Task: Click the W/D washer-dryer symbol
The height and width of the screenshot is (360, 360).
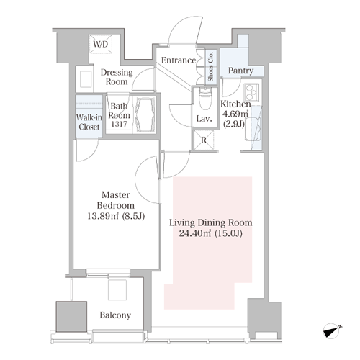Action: [x=101, y=43]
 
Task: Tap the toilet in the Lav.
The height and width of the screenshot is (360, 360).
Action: [x=205, y=99]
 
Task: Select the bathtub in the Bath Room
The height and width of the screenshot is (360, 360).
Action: [x=145, y=114]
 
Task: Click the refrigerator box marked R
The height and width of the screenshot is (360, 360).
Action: [x=204, y=140]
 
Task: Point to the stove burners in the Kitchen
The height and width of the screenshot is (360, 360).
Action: [x=251, y=92]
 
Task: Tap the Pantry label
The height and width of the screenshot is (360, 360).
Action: [x=240, y=71]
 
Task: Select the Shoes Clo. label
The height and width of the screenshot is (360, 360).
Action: [x=211, y=66]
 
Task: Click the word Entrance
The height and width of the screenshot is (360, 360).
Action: [x=179, y=60]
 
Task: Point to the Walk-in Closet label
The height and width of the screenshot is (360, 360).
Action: [x=89, y=122]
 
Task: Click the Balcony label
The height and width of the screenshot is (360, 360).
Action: [x=115, y=315]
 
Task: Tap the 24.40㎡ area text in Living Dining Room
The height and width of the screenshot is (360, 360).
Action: [x=195, y=233]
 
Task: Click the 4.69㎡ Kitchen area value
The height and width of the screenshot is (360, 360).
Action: [x=235, y=114]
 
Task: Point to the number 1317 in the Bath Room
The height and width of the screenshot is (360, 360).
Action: [x=120, y=124]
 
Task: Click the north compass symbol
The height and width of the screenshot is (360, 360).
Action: [x=332, y=331]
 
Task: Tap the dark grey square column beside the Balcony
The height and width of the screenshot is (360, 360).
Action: [x=71, y=317]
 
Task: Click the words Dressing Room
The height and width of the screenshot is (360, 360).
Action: [x=117, y=77]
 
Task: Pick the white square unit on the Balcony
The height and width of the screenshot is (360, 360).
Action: [x=117, y=289]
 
